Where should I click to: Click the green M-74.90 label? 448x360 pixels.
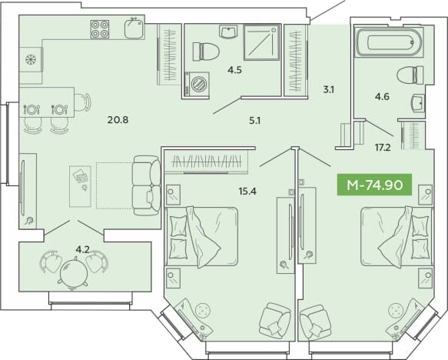[374, 185]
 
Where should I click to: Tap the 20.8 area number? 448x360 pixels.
[118, 119]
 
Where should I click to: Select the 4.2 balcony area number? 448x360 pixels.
[82, 250]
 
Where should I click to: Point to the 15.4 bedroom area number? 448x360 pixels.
[247, 191]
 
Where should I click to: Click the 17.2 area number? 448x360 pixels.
[383, 148]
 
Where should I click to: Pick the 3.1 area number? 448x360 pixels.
[329, 90]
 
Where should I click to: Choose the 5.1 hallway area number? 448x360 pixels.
[254, 121]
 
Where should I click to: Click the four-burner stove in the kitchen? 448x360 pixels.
[100, 29]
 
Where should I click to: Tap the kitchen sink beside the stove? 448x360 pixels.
[134, 28]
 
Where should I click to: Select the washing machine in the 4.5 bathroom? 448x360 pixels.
[197, 83]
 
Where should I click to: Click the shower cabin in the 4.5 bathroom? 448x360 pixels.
[262, 42]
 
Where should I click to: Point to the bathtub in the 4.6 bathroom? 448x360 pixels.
[389, 42]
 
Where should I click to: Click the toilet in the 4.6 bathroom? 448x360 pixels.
[410, 75]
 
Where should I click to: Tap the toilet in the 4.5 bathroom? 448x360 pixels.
[206, 52]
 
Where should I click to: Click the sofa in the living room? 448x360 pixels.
[147, 185]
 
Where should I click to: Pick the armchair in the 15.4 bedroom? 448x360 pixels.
[275, 321]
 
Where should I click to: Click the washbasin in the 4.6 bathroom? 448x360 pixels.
[418, 103]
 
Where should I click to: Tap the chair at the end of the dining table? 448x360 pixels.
[82, 102]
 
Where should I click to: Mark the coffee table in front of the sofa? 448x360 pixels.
[80, 186]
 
